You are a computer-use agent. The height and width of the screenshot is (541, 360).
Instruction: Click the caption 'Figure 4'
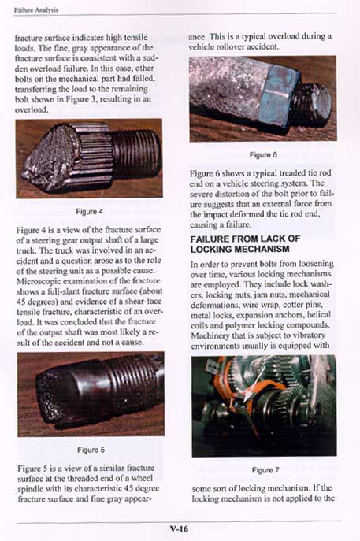[x=89, y=212]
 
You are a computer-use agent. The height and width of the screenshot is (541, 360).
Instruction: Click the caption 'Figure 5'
[x=91, y=450]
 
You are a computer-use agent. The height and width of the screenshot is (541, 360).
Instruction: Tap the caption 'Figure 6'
[x=263, y=155]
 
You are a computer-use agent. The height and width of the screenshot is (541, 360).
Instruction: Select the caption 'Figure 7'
[x=265, y=470]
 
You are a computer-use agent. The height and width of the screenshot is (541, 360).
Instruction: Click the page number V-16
[x=180, y=528]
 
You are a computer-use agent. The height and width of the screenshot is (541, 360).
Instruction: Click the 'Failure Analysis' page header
[x=36, y=10]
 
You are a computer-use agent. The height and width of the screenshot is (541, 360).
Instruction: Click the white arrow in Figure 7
[x=254, y=384]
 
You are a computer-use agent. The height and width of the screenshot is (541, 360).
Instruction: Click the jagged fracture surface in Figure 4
[x=50, y=156]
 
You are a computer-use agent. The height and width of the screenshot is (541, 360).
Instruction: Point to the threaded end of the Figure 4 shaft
[x=135, y=153]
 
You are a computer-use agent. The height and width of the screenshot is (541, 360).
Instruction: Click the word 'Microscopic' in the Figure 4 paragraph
[x=36, y=281]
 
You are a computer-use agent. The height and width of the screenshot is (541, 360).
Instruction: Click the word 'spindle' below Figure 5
[x=30, y=489]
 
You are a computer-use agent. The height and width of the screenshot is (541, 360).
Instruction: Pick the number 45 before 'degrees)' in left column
[x=20, y=301]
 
